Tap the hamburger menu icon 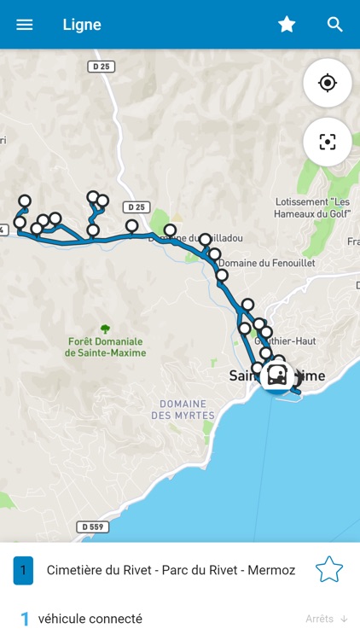pyautogui.click(x=25, y=25)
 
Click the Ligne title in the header pyautogui.click(x=82, y=25)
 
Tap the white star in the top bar pyautogui.click(x=287, y=25)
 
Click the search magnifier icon pyautogui.click(x=335, y=25)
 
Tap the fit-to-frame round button pyautogui.click(x=328, y=142)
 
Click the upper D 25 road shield pyautogui.click(x=102, y=66)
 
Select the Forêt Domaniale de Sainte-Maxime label pyautogui.click(x=105, y=346)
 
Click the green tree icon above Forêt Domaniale pyautogui.click(x=105, y=328)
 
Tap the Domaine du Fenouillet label pyautogui.click(x=266, y=264)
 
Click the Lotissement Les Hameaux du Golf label pyautogui.click(x=313, y=208)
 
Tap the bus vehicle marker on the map pyautogui.click(x=276, y=374)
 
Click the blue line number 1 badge pyautogui.click(x=23, y=569)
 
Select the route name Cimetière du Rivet pyautogui.click(x=171, y=569)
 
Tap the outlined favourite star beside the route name pyautogui.click(x=329, y=569)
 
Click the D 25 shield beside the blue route pyautogui.click(x=136, y=207)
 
